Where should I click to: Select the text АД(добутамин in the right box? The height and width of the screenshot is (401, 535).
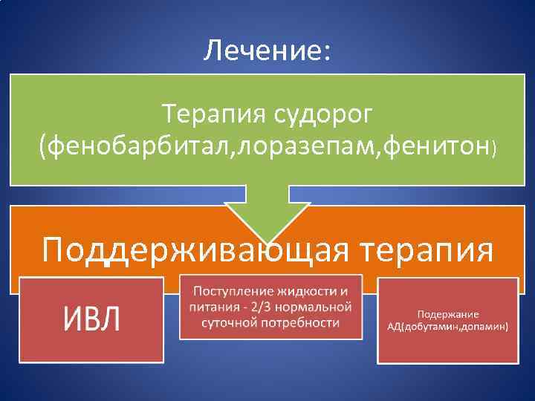(x=424, y=327)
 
